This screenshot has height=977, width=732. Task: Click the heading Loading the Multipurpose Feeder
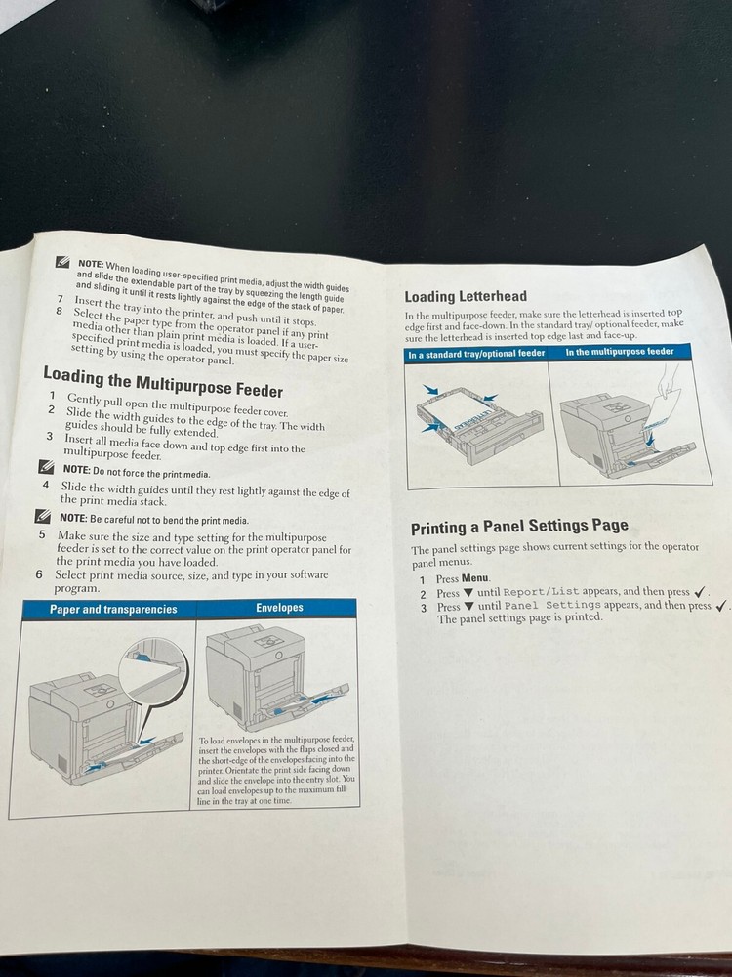tap(163, 381)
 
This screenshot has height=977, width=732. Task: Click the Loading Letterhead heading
tap(466, 296)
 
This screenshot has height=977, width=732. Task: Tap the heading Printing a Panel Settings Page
tap(518, 528)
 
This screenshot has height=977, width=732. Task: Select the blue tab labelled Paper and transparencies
tap(113, 609)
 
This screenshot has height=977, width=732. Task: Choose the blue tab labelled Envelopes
tap(279, 608)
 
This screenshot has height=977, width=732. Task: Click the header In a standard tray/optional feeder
tap(476, 353)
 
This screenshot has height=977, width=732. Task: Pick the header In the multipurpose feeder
tap(620, 351)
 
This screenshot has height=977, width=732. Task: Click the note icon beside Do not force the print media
tap(46, 468)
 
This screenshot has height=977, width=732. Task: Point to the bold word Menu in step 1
tap(475, 578)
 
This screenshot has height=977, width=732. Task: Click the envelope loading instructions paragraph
tap(277, 770)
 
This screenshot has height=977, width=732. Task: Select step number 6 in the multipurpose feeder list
tap(40, 574)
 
